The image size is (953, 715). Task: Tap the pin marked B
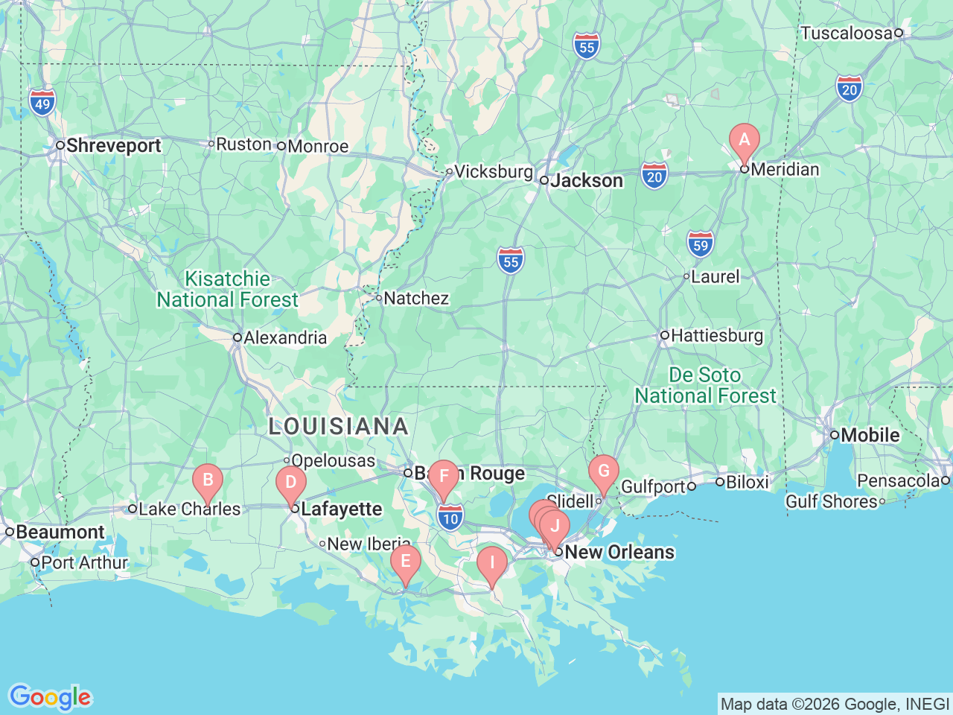(x=208, y=481)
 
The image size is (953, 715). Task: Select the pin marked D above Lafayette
(x=290, y=483)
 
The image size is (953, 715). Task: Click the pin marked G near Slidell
(x=603, y=472)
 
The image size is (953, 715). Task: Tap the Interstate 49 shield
(x=42, y=103)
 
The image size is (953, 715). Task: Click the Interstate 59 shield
(x=700, y=244)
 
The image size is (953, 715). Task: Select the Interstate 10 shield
(x=450, y=518)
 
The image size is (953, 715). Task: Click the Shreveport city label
(x=113, y=145)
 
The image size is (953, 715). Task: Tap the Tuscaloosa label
(x=846, y=33)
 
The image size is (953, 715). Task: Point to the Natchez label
(x=416, y=299)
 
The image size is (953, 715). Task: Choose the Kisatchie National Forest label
(x=227, y=289)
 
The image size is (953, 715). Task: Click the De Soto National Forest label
(x=705, y=385)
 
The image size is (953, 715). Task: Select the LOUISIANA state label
(x=338, y=426)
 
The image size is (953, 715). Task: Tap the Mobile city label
(x=870, y=435)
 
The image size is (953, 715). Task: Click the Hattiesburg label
(x=717, y=336)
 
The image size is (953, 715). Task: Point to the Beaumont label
(x=60, y=532)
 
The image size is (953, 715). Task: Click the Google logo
(x=50, y=697)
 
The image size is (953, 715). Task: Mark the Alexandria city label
(x=285, y=338)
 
